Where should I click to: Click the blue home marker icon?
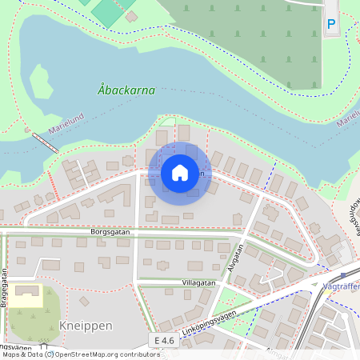(180, 172)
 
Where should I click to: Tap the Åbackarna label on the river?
(126, 90)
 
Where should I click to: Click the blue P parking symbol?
(331, 26)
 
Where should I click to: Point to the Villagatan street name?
(199, 282)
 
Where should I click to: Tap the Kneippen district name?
(86, 326)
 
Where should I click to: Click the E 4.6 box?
(164, 341)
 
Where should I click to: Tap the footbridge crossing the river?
(45, 141)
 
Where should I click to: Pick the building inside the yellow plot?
(29, 293)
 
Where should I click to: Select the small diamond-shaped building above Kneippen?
(84, 302)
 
